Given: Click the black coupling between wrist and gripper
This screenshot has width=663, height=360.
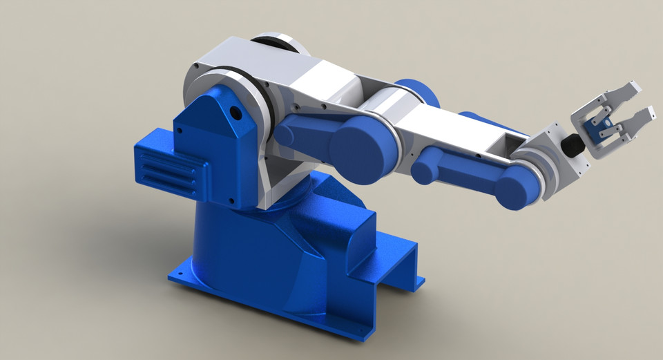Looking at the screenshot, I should coord(572,146).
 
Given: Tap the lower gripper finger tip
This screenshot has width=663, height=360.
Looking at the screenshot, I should coord(647,113).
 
